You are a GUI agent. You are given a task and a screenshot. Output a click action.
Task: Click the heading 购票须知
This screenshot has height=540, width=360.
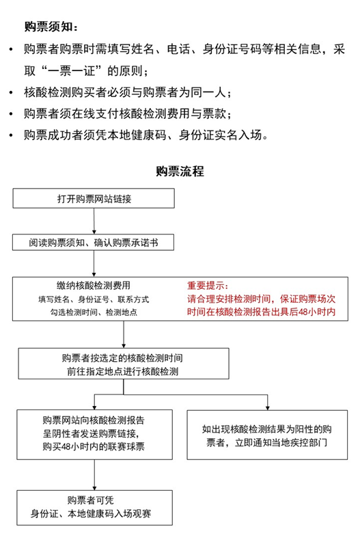point(51,27)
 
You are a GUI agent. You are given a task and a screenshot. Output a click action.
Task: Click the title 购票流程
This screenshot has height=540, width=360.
point(180,171)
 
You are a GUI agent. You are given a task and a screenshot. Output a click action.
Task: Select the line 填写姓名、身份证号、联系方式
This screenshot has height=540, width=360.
point(94,299)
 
